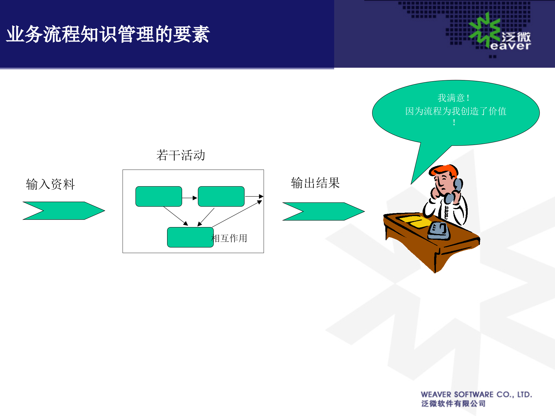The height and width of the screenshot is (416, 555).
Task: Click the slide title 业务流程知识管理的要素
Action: point(108,34)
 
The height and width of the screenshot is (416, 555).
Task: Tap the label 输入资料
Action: point(50,184)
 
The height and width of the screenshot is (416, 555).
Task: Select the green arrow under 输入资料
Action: point(64,211)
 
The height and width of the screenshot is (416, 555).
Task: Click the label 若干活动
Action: point(181,155)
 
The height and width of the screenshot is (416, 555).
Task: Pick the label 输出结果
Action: point(315,183)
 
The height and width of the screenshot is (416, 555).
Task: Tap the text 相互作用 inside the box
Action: point(230,238)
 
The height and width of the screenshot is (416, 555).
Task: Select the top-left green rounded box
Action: point(159,196)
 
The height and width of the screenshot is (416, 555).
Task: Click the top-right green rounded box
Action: point(221,196)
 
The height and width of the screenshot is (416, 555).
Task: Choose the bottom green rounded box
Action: point(190,237)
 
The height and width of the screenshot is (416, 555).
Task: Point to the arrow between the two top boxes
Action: point(190,198)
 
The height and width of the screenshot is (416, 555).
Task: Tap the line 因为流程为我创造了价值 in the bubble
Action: point(456,111)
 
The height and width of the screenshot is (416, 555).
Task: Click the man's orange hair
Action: point(444,170)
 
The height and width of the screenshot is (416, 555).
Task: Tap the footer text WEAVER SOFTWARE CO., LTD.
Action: point(476,394)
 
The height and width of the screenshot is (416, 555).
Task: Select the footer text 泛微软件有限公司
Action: point(453,404)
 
